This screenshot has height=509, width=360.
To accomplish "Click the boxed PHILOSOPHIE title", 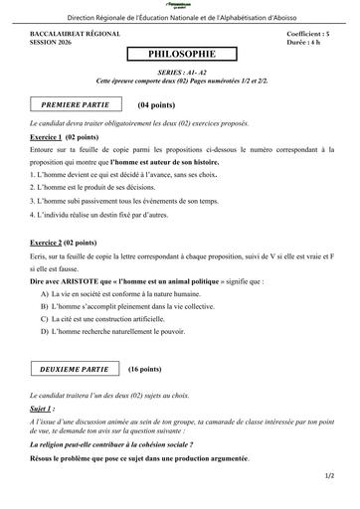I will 179,55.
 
